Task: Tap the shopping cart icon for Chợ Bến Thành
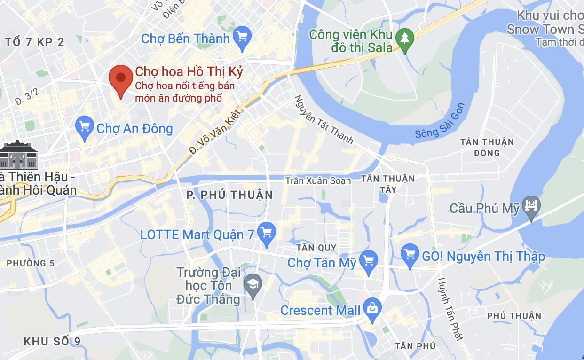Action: pos(242,36)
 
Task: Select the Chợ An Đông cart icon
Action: pos(85,126)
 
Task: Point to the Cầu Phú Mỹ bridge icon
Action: pos(532,206)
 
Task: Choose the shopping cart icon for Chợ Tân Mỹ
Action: pos(368,260)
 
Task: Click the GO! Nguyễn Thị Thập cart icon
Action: pos(410,254)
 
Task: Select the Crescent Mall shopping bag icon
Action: pos(372,308)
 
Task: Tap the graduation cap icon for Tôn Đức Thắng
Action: pos(253,284)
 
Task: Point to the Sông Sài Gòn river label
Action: pos(440,121)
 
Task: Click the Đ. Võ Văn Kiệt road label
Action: pos(214,132)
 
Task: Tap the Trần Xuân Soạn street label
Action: pos(318,181)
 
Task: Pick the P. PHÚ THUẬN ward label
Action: pos(229,195)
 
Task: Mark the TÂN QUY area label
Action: pos(316,248)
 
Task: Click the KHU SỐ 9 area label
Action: pos(52,341)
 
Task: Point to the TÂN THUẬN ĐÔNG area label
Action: pos(487,147)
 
